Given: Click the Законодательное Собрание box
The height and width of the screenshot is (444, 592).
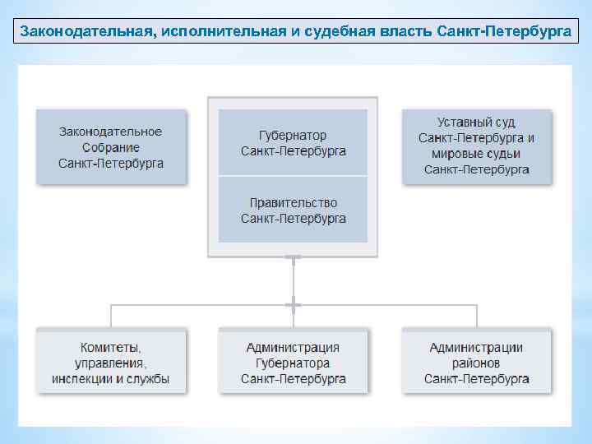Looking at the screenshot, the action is pos(111,147).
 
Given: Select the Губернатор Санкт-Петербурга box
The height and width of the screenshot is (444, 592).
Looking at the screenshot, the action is pos(293,142).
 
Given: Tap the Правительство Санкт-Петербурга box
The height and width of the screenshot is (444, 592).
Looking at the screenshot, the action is pos(293,210).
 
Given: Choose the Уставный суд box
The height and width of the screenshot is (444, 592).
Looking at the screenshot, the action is pos(477,146).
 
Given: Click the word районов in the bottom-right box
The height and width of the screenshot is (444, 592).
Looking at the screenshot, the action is pos(477,363).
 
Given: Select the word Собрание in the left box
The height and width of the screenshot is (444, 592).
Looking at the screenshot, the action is pos(111,147).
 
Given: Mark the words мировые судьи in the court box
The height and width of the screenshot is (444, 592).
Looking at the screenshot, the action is pos(477,154).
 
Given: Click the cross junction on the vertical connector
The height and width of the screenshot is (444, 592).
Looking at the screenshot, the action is pos(293,305).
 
